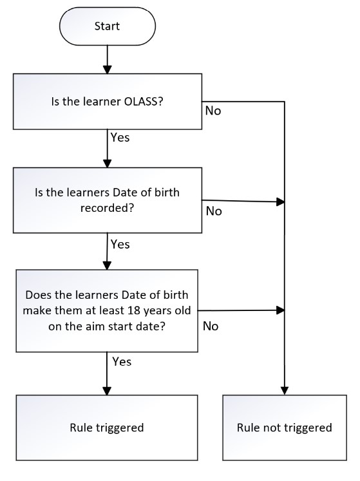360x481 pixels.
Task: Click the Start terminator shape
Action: pyautogui.click(x=108, y=26)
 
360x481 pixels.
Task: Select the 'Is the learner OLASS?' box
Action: pyautogui.click(x=108, y=102)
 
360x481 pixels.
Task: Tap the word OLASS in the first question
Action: pyautogui.click(x=144, y=102)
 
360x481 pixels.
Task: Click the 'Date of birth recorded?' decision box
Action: pyautogui.click(x=108, y=200)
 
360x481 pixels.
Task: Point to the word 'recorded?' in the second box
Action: pyautogui.click(x=107, y=208)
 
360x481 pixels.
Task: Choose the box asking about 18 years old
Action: pyautogui.click(x=107, y=311)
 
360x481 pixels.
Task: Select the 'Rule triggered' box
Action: pyautogui.click(x=107, y=428)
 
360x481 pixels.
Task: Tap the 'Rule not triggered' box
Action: pyautogui.click(x=285, y=428)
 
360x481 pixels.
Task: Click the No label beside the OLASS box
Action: pyautogui.click(x=213, y=111)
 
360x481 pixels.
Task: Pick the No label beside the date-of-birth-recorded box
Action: pyautogui.click(x=214, y=211)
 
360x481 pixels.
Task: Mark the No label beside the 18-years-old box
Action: pyautogui.click(x=211, y=326)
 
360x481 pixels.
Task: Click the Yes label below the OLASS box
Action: pyautogui.click(x=120, y=137)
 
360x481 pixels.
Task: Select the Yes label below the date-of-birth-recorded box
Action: pyautogui.click(x=120, y=245)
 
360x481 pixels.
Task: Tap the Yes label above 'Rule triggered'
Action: pyautogui.click(x=122, y=362)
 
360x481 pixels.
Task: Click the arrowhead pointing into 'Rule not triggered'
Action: pyautogui.click(x=285, y=390)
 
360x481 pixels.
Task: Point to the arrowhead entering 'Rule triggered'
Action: pyautogui.click(x=107, y=390)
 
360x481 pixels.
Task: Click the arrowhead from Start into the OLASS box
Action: pyautogui.click(x=108, y=70)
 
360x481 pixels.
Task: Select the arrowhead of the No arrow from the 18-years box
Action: pyautogui.click(x=281, y=310)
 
